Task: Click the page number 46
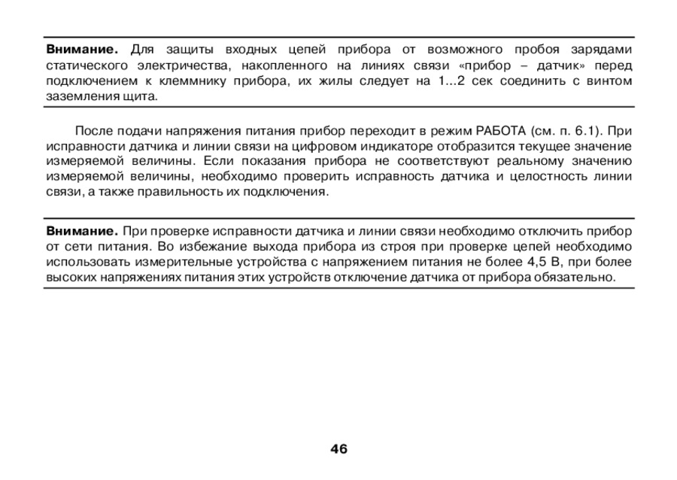(x=338, y=449)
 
